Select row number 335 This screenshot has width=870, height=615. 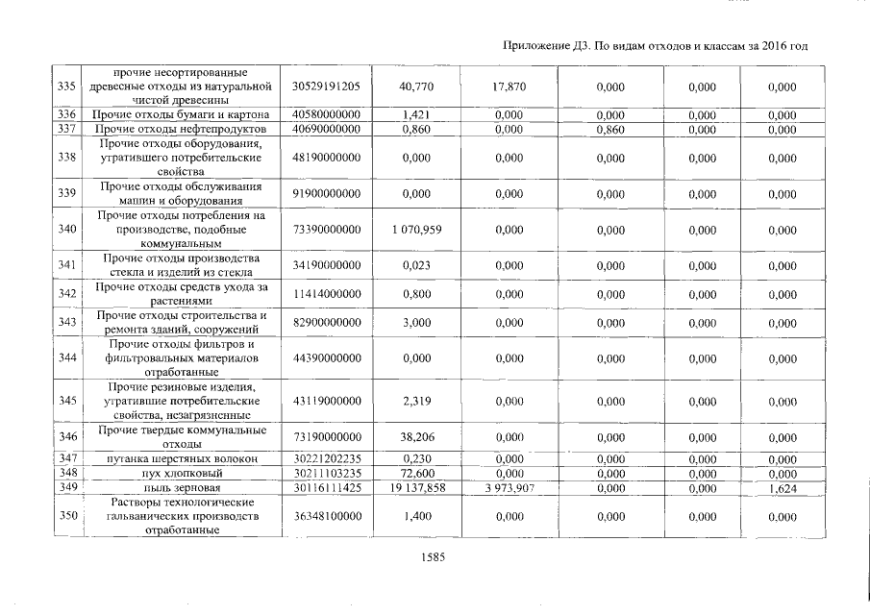(x=66, y=86)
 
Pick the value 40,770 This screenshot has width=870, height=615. (x=416, y=86)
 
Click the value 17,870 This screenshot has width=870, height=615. (x=509, y=86)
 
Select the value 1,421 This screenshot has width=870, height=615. (x=416, y=115)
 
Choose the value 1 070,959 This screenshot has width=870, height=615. (x=416, y=230)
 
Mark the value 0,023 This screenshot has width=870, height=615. (x=416, y=265)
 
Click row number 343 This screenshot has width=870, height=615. (x=66, y=323)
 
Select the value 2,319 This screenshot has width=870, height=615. (x=416, y=402)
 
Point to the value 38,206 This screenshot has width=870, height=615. (x=416, y=437)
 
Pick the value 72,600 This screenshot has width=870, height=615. (x=416, y=474)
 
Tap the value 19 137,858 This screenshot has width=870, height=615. (x=416, y=488)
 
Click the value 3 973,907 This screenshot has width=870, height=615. (x=509, y=488)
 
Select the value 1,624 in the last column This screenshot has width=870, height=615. (x=782, y=488)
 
